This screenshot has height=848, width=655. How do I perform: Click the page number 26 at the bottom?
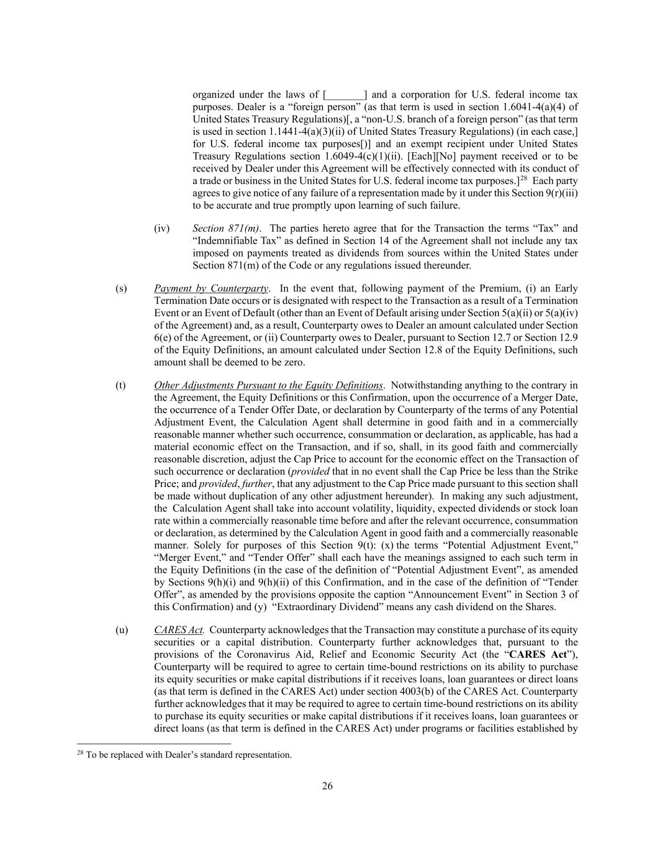(x=327, y=786)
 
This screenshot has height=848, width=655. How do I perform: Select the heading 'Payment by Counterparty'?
(x=211, y=288)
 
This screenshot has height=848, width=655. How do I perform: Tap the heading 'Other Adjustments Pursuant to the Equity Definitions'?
(x=268, y=385)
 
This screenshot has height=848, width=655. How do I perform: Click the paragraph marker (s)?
(x=121, y=288)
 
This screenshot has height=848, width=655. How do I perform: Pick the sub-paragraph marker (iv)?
(x=161, y=229)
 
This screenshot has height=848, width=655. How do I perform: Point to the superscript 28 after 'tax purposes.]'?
(x=523, y=178)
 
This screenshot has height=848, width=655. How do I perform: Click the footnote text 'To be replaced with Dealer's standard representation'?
(x=189, y=755)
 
